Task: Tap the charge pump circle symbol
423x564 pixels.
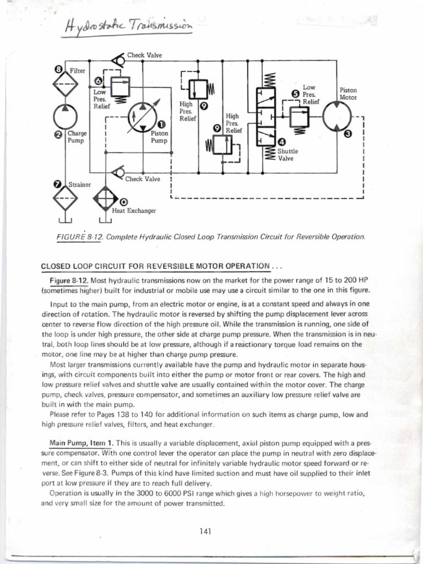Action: click(x=66, y=116)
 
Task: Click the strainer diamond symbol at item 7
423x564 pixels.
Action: click(x=66, y=198)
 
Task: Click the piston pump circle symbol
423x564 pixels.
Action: click(x=142, y=118)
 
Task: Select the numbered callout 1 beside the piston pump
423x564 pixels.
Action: click(x=161, y=125)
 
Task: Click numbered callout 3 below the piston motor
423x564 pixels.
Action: click(x=347, y=133)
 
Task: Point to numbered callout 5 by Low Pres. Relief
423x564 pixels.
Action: click(x=295, y=94)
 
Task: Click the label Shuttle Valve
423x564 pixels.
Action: click(x=288, y=154)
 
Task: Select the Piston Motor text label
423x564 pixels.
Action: click(x=348, y=94)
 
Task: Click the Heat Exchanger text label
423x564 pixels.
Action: click(x=134, y=210)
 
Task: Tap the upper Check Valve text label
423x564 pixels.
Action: click(x=144, y=55)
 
